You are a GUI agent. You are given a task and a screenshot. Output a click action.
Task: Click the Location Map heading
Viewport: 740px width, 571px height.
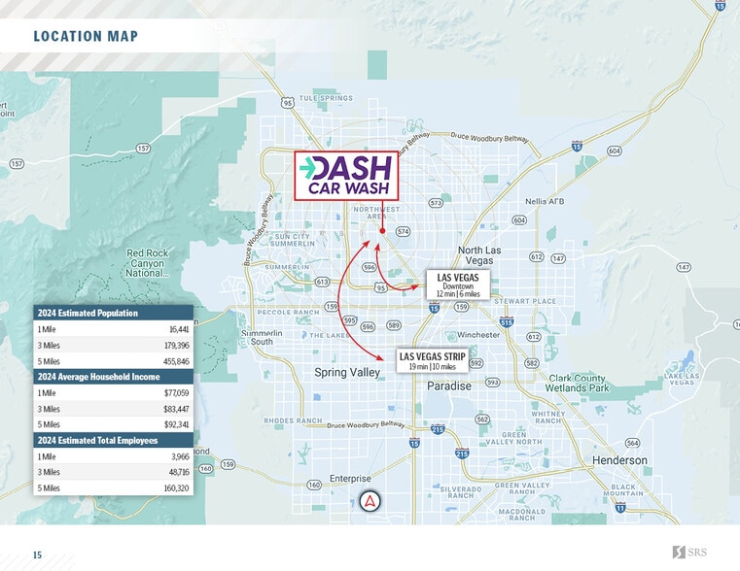tap(86, 37)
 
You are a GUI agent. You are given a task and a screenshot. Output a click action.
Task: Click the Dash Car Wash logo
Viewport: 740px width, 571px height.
tap(346, 176)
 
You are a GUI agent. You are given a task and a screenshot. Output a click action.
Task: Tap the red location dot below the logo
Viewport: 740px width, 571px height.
tap(383, 231)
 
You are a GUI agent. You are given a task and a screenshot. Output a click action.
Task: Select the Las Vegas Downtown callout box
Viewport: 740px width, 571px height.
tap(458, 285)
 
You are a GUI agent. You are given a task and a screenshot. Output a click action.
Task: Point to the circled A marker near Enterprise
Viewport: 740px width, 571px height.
tap(370, 502)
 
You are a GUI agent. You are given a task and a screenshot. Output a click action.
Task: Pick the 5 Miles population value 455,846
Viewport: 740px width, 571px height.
tap(175, 360)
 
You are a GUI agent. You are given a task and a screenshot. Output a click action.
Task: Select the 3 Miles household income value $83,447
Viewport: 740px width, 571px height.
tap(176, 409)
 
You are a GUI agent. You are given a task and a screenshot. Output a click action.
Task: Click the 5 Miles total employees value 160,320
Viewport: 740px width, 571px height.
tap(175, 487)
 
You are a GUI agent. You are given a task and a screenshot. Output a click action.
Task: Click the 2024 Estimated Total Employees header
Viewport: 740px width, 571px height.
tap(94, 440)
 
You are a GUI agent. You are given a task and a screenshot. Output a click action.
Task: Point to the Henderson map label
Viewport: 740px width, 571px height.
tap(619, 460)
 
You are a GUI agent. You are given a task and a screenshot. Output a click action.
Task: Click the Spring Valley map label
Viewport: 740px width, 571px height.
tap(346, 373)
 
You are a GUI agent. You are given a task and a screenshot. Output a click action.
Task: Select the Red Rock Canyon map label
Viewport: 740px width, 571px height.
tap(147, 263)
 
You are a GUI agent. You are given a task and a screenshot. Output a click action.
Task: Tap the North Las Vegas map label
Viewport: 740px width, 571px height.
tap(479, 255)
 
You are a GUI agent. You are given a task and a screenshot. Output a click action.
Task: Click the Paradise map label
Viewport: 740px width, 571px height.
tap(449, 386)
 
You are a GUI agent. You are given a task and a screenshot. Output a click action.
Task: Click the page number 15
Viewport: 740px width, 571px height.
tap(37, 554)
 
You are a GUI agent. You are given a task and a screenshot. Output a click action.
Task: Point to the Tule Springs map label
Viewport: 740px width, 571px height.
tap(326, 99)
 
